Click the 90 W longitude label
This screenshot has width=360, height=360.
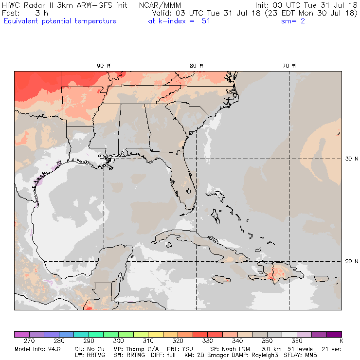click(x=103, y=65)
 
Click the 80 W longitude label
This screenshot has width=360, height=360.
click(x=196, y=65)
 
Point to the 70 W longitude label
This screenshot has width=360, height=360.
click(x=289, y=65)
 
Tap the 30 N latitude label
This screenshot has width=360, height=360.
click(x=351, y=159)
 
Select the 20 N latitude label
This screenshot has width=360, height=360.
click(x=351, y=261)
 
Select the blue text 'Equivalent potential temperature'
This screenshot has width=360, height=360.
click(x=60, y=21)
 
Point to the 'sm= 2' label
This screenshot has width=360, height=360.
click(x=293, y=21)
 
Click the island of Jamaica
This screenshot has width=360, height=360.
click(x=221, y=279)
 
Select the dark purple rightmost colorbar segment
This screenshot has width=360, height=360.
click(x=334, y=334)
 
